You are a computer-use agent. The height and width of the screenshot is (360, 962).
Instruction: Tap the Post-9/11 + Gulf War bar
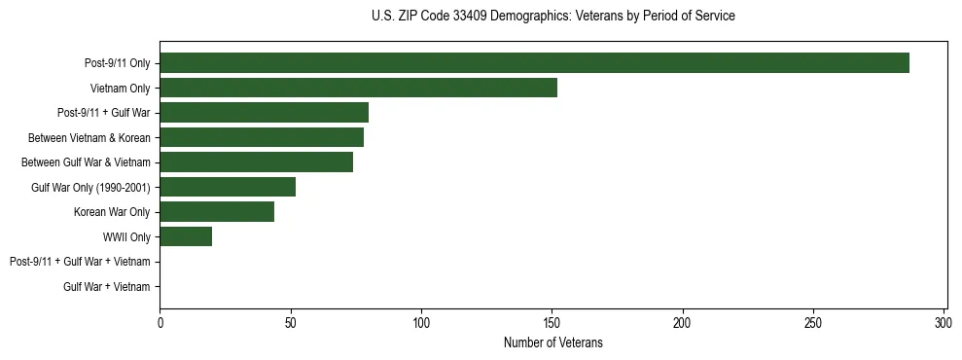(264, 113)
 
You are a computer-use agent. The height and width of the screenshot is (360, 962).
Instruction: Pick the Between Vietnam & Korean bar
(262, 137)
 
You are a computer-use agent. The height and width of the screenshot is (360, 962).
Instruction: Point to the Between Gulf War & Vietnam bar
(256, 162)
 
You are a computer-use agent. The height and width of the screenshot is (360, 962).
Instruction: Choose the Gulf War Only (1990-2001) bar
(228, 187)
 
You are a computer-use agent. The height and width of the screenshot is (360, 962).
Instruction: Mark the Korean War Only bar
(217, 212)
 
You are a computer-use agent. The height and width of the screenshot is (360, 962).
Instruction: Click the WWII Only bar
(186, 236)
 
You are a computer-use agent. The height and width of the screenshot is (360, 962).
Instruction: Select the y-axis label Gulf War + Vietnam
(107, 287)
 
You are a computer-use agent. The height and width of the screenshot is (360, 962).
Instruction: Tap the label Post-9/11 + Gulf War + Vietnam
(80, 262)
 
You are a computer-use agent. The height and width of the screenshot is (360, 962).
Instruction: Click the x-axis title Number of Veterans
(552, 342)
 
